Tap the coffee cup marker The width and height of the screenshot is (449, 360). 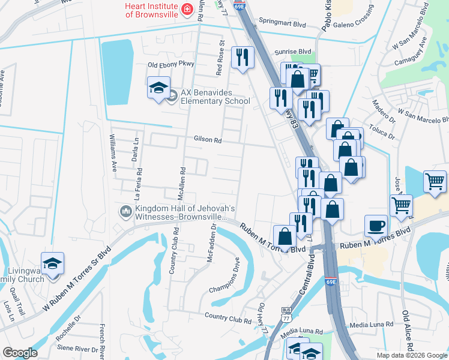click(376, 226)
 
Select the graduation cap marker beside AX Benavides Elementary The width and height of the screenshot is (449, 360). click(159, 88)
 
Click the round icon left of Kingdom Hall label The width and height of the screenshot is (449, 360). click(125, 211)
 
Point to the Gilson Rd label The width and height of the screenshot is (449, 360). click(208, 139)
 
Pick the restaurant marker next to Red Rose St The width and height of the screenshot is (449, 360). click(243, 58)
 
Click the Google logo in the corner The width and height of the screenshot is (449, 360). click(20, 353)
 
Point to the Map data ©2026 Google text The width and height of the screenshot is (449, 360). click(412, 355)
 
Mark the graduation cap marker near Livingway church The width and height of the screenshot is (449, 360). click(52, 265)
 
